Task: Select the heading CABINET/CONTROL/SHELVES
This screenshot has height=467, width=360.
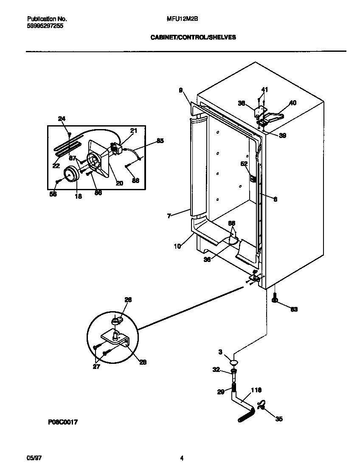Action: click(x=193, y=37)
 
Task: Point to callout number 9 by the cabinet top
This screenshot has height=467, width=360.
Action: click(x=180, y=90)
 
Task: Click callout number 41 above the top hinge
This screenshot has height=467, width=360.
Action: click(x=264, y=90)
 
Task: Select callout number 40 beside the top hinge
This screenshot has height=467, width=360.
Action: click(x=292, y=103)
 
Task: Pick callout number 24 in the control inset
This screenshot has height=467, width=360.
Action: click(x=62, y=119)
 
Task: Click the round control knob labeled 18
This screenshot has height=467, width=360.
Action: click(x=71, y=174)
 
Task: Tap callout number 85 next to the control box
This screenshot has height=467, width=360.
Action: click(x=160, y=141)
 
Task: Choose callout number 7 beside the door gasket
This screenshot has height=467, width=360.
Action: click(x=169, y=216)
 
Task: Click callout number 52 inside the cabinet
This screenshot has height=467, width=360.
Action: click(x=244, y=163)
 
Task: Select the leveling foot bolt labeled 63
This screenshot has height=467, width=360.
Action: click(x=275, y=300)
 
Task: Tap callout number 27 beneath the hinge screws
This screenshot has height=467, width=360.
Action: click(x=96, y=366)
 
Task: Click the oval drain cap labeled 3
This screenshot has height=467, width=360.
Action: click(x=233, y=362)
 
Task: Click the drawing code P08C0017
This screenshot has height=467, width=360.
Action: click(x=62, y=422)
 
